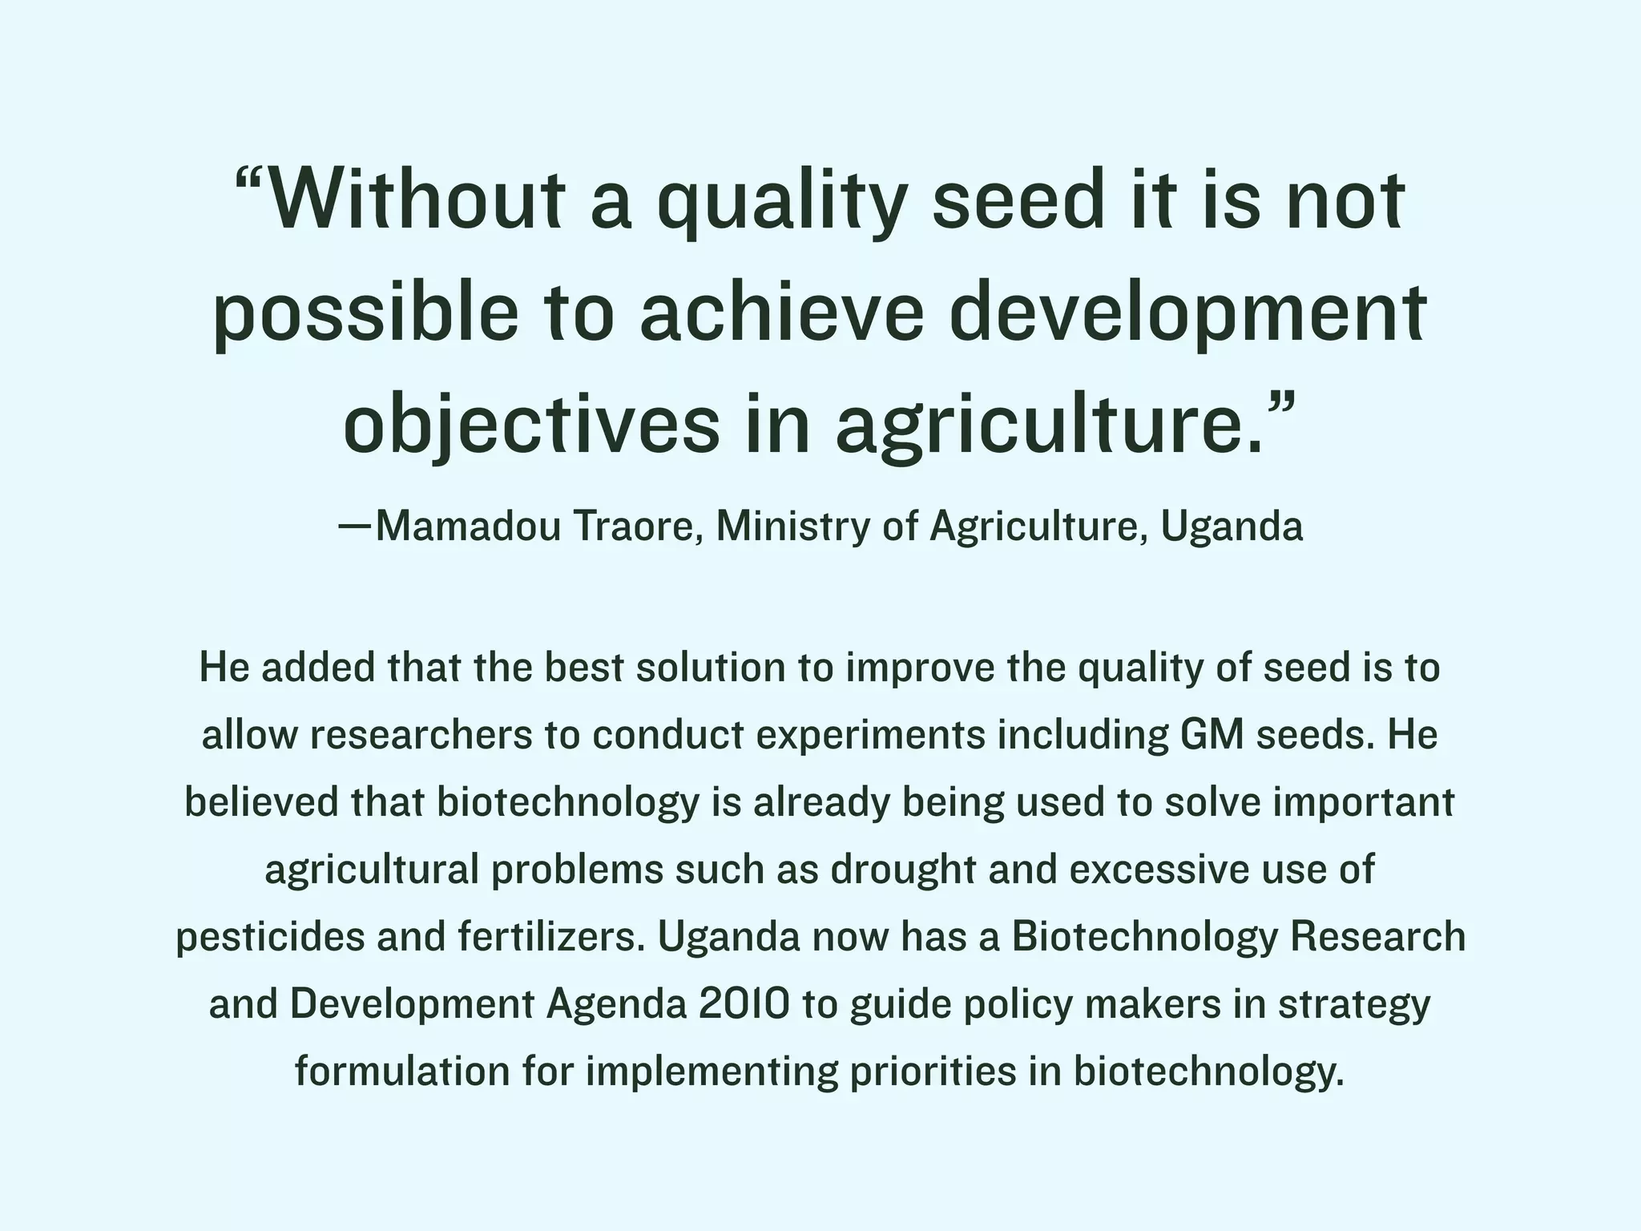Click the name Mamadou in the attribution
coord(468,527)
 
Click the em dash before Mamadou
coord(356,527)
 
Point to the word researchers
coord(421,735)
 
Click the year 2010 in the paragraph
coord(744,1004)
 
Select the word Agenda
coord(616,1006)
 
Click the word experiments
coord(870,736)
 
